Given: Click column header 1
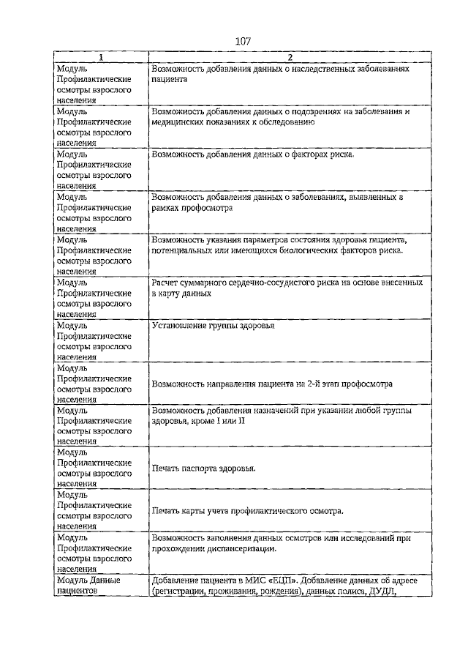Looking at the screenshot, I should click(101, 57).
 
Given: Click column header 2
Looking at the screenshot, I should click(290, 57).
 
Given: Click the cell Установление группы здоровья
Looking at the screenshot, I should click(213, 326).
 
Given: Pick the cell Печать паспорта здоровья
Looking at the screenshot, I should click(203, 469).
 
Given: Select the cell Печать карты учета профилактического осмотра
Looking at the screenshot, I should click(248, 511).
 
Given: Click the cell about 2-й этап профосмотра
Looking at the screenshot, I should click(272, 383).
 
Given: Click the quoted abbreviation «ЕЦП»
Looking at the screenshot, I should click(281, 581).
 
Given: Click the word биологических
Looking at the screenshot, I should click(316, 250).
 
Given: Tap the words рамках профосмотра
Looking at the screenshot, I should click(192, 209).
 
